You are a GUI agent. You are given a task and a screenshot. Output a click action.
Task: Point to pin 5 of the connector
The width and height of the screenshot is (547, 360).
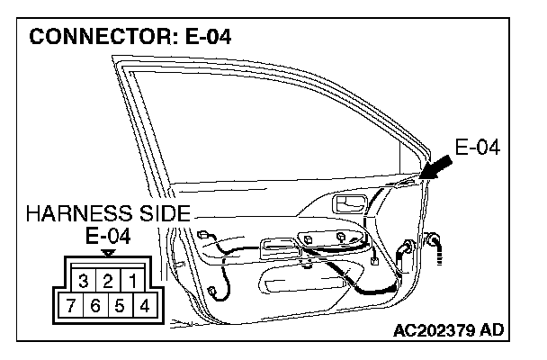point(120,304)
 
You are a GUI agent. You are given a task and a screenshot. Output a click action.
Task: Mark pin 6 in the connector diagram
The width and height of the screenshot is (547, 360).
point(95,304)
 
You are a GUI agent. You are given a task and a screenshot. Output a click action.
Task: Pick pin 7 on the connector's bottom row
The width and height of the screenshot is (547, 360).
point(71,304)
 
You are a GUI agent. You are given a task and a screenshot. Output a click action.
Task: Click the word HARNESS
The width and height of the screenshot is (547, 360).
point(82,215)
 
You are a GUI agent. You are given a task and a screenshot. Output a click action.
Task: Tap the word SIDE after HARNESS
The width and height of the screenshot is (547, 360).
point(166,215)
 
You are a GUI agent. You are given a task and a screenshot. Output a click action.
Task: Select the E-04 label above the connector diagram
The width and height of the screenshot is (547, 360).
point(107,237)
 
